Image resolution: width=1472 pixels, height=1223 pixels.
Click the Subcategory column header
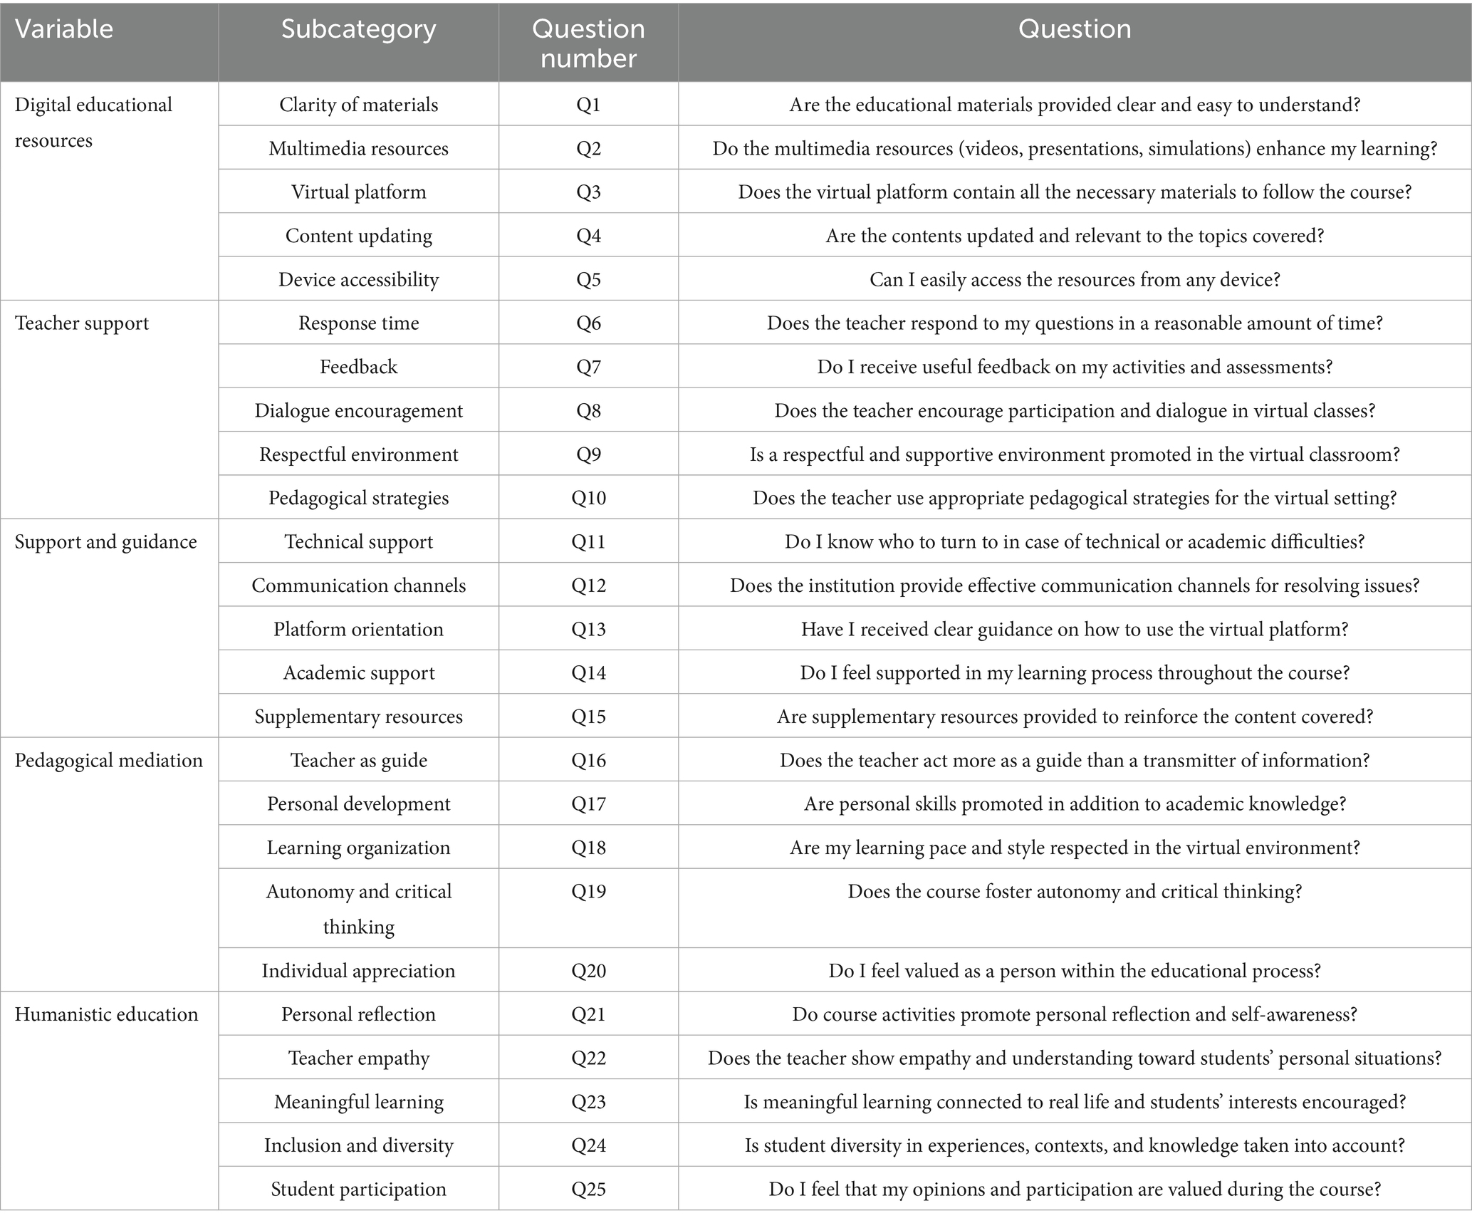coord(358,29)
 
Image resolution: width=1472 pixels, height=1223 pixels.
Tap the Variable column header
coord(64,29)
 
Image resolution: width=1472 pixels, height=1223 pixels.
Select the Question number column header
coord(588,43)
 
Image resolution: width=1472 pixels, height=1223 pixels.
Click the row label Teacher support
coord(82,323)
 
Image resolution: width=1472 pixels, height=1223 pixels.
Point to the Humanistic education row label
coord(106,1014)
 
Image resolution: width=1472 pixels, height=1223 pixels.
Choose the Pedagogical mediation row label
coord(108,760)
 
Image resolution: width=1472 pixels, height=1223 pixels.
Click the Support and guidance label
coord(105,541)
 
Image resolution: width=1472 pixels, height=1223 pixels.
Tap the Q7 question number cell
coord(588,367)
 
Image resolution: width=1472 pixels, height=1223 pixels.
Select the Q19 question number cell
coord(588,891)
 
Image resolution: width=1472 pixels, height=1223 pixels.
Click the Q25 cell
coord(588,1189)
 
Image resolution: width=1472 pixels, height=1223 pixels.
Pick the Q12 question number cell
coord(588,586)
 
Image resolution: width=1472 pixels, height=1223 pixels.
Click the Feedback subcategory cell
coord(358,367)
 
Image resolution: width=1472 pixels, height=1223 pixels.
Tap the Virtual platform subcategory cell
coord(358,192)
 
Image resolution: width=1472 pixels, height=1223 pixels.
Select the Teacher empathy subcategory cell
coord(358,1058)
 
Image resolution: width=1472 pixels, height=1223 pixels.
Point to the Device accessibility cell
coord(358,279)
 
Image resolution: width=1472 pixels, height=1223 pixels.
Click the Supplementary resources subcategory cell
coord(358,717)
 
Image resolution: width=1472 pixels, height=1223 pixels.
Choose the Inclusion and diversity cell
coord(358,1145)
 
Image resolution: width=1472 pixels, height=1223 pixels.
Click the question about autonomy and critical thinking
coord(1074,891)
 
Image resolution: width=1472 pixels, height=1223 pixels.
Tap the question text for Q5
coord(1074,279)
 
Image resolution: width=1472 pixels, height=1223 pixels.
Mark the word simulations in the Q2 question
coord(1196,149)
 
